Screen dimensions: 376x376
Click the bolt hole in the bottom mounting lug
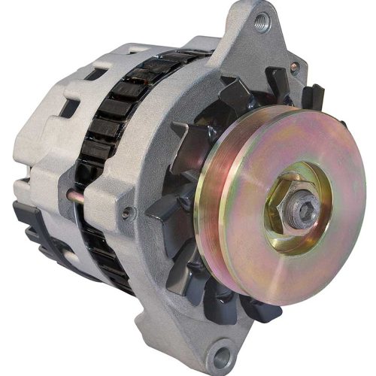pyautogui.click(x=220, y=352)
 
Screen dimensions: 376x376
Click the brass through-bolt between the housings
pyautogui.click(x=72, y=197)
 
